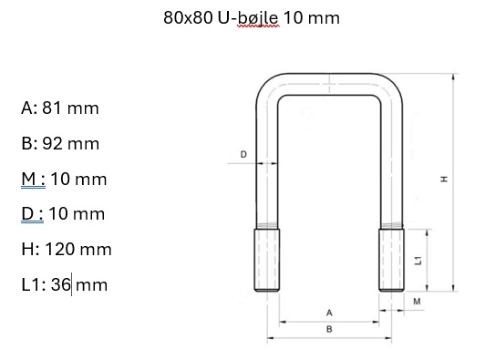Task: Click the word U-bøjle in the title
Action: click(x=248, y=18)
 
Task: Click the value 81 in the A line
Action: click(x=51, y=108)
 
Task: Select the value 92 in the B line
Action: click(x=52, y=143)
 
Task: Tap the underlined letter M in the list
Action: click(x=29, y=179)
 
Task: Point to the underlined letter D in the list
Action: click(x=27, y=214)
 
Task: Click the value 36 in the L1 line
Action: click(x=60, y=284)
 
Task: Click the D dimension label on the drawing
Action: click(x=243, y=154)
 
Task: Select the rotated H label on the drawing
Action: click(x=444, y=179)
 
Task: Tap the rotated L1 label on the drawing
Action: click(x=418, y=261)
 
